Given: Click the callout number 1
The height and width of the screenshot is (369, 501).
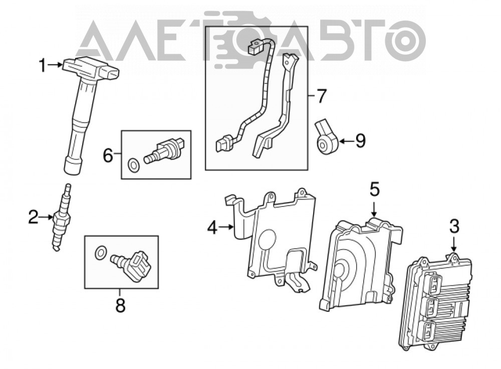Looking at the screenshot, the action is click(x=43, y=65).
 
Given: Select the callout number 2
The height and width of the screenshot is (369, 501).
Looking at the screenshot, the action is click(x=33, y=217).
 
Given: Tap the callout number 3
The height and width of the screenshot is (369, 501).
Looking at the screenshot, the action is click(x=454, y=226).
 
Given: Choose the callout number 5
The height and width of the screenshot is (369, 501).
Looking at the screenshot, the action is click(x=375, y=190).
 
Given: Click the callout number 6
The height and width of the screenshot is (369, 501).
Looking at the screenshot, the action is click(x=108, y=156).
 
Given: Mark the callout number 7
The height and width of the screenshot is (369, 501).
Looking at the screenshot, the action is click(x=321, y=96).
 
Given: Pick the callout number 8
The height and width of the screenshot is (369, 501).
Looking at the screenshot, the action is click(x=120, y=305).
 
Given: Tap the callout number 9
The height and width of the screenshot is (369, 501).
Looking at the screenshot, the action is click(x=360, y=141).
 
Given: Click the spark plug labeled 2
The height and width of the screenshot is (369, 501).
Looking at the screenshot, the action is click(x=62, y=218).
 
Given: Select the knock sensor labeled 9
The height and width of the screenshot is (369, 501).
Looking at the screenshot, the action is click(x=327, y=135).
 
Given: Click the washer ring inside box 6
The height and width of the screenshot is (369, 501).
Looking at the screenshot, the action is click(x=133, y=164).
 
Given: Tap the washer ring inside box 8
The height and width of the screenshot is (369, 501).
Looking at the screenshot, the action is click(x=100, y=252).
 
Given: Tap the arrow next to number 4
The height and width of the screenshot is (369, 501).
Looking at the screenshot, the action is click(x=227, y=227).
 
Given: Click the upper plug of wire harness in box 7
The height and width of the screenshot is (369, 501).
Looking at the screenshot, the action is click(x=255, y=47).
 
